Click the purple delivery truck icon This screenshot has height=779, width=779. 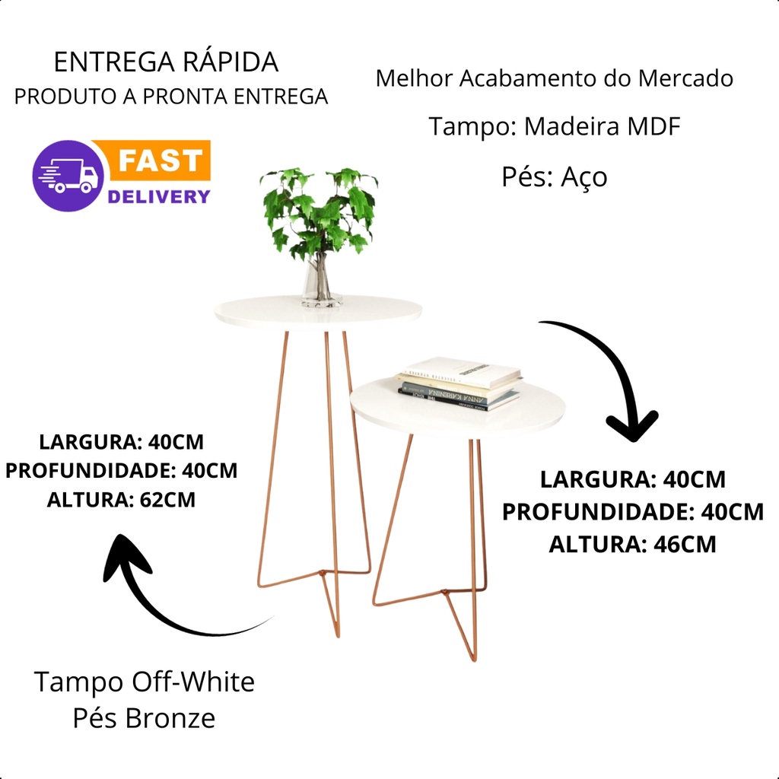click(68, 176)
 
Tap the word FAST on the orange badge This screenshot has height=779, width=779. click(161, 161)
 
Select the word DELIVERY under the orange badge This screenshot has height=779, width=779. click(158, 196)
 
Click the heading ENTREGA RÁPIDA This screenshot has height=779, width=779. click(167, 62)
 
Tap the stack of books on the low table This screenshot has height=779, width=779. click(459, 384)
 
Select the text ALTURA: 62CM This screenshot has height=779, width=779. click(122, 500)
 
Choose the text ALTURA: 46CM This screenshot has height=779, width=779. click(632, 545)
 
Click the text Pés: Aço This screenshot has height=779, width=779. click(554, 176)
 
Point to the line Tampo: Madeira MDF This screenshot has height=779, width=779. click(554, 126)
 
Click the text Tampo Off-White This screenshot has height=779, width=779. click(144, 682)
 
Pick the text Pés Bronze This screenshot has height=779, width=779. click(144, 717)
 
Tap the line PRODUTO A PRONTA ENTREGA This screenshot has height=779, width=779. click(171, 97)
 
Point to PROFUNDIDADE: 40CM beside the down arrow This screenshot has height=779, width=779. click(632, 512)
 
